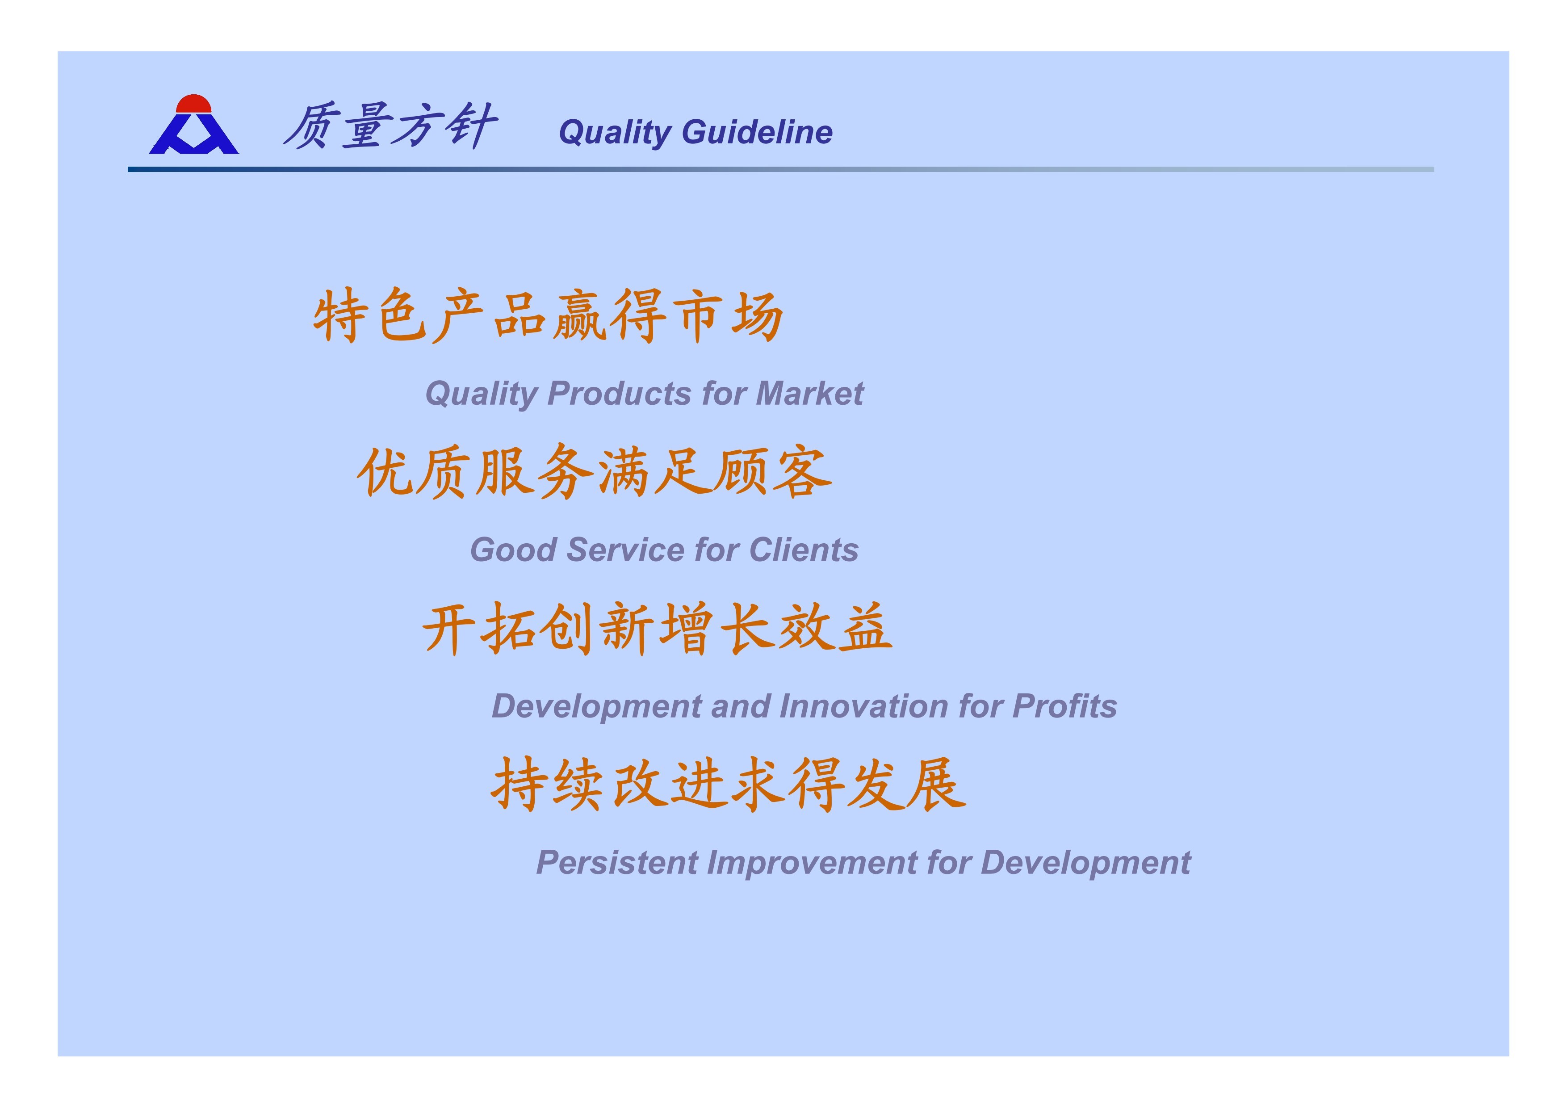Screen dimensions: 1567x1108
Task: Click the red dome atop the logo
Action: tap(194, 104)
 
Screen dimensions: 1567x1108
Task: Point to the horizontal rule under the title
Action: tap(781, 169)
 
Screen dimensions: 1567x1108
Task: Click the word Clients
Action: tap(803, 550)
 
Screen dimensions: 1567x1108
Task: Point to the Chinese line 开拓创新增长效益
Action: tap(657, 628)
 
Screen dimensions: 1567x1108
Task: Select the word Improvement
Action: tap(812, 863)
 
